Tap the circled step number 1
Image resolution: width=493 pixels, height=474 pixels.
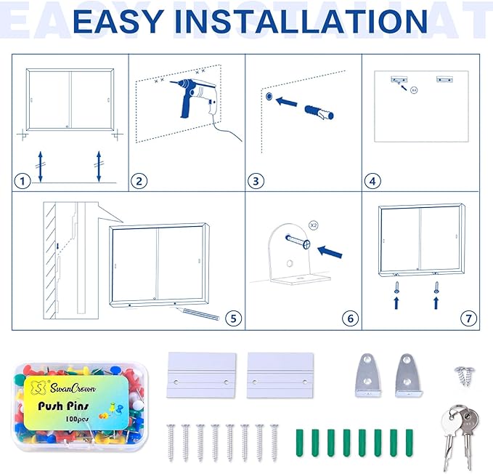[24, 181]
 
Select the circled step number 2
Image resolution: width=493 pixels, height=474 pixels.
[139, 181]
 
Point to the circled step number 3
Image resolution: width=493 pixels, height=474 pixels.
[256, 181]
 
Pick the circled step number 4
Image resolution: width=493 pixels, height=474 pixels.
[372, 181]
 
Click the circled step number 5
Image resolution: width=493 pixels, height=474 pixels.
[232, 318]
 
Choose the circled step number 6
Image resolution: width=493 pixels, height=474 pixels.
[350, 318]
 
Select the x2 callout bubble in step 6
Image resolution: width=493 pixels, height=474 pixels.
[313, 226]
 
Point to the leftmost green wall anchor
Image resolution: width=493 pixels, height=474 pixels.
[299, 442]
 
